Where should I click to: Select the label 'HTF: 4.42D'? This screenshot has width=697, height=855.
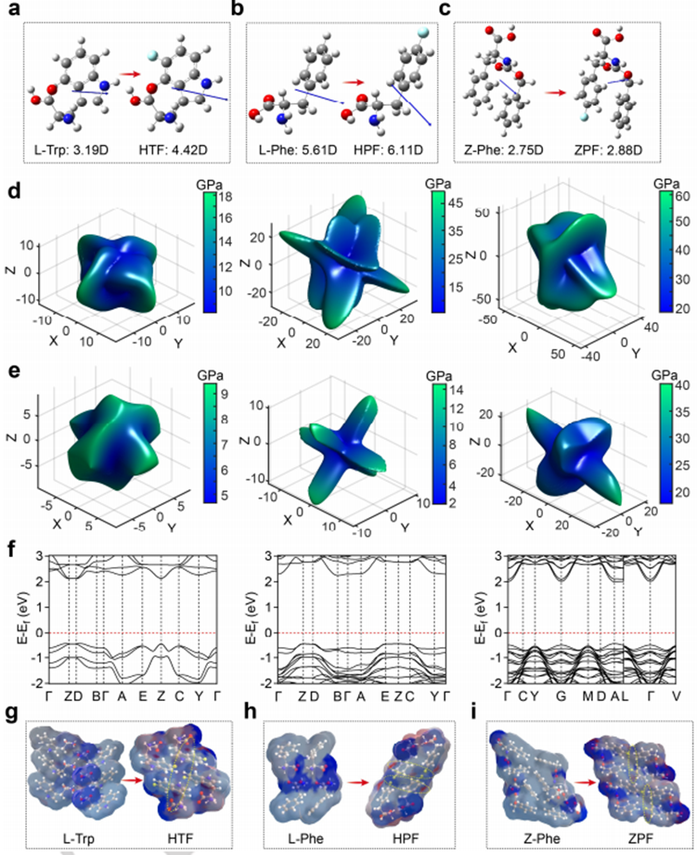click(x=175, y=149)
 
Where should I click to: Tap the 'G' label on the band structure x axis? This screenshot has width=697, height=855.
click(x=560, y=691)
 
